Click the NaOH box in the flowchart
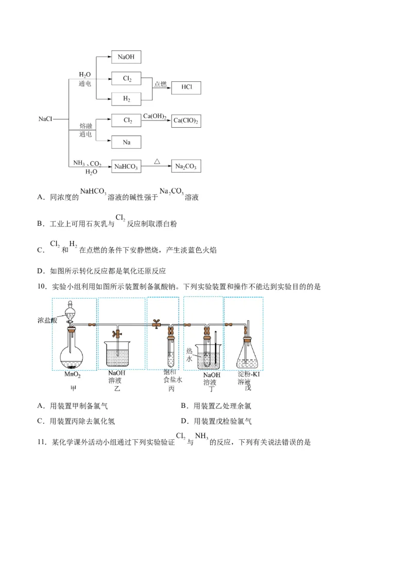coord(126,57)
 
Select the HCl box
coord(186,88)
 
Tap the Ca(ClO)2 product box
coord(186,121)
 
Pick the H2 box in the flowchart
coord(126,98)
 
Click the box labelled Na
coord(126,142)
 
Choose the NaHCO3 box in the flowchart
coord(126,166)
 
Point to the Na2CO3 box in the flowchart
coord(186,166)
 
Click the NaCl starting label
coord(45,119)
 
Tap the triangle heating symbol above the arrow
coord(157,161)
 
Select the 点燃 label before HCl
coord(161,84)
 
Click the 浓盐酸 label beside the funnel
coord(46,320)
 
